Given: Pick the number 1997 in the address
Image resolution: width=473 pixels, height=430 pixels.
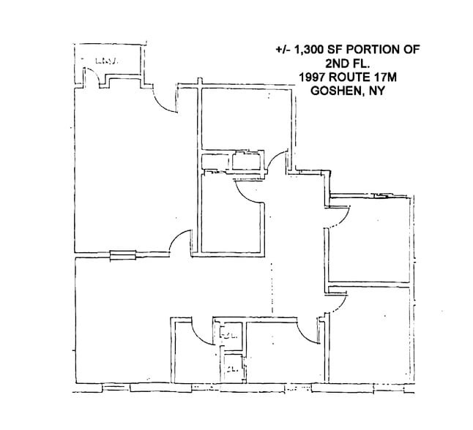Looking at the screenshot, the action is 313,76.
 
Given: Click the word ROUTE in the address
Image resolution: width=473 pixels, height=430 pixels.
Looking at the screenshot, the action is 352,76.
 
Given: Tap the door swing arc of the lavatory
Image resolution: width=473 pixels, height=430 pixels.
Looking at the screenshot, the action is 87,73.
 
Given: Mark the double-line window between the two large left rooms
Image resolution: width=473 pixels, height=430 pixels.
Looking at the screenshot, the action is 122,255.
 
